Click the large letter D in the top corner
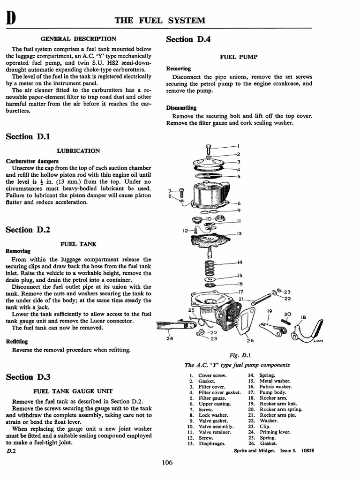coord(10,19)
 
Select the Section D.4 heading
coord(188,39)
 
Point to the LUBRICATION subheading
coord(78,151)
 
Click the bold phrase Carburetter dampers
coord(29,161)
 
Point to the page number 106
coord(167,463)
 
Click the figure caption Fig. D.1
coord(238,356)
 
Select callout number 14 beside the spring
coord(240,262)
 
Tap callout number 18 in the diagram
coord(303,317)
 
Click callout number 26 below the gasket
coord(250,341)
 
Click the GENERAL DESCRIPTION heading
coord(78,39)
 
